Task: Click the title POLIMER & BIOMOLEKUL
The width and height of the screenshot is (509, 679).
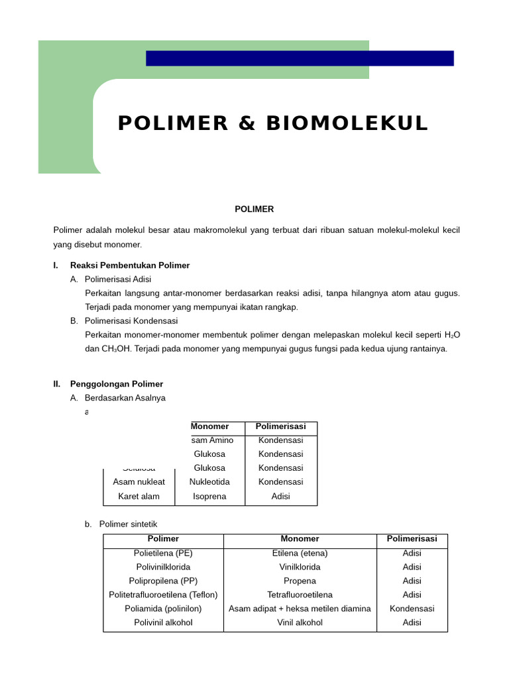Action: click(x=272, y=124)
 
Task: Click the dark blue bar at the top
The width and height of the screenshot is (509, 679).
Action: click(x=300, y=58)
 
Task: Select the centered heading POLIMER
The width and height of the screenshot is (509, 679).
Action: click(x=254, y=209)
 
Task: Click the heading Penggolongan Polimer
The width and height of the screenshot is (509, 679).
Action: click(x=117, y=384)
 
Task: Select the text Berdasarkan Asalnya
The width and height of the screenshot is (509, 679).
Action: click(x=125, y=398)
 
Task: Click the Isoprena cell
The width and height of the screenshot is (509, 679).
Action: click(x=209, y=496)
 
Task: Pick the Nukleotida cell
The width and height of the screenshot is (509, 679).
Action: click(x=209, y=482)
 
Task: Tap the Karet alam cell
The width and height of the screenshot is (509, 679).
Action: click(x=139, y=496)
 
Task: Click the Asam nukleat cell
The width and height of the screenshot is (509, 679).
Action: click(x=139, y=482)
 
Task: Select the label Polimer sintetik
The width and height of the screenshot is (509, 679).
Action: click(x=129, y=524)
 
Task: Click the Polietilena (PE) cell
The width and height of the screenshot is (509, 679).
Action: click(x=163, y=553)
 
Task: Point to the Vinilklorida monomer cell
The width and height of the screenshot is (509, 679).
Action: click(x=300, y=567)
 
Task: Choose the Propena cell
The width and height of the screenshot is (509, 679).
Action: click(x=300, y=581)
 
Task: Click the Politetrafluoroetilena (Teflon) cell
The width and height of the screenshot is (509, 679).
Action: click(x=163, y=595)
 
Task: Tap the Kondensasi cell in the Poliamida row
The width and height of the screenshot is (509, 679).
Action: click(x=412, y=609)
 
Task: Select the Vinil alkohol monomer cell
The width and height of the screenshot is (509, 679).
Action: click(x=300, y=623)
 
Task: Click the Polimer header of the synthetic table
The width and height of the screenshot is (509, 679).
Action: click(x=163, y=539)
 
